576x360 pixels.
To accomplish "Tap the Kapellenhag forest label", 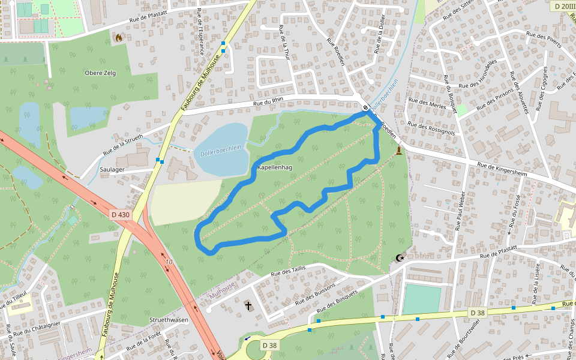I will click(x=275, y=167).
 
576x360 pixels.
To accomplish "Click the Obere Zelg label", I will click(x=100, y=73).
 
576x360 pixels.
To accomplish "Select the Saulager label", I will click(x=113, y=170).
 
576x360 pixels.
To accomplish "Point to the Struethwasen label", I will click(x=169, y=320).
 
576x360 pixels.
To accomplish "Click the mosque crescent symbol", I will click(x=400, y=259).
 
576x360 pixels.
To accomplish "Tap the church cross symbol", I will click(x=248, y=306).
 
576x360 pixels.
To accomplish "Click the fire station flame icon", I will click(x=118, y=38).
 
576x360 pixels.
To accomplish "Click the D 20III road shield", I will click(x=564, y=6).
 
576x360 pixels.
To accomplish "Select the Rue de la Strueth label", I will click(x=122, y=145).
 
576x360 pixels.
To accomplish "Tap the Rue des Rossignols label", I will click(x=431, y=127).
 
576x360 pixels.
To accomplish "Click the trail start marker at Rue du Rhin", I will click(x=365, y=109).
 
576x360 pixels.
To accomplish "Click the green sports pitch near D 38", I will click(x=421, y=299).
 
